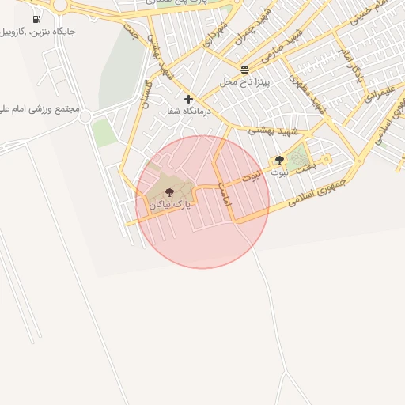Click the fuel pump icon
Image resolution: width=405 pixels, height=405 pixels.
click(x=37, y=19)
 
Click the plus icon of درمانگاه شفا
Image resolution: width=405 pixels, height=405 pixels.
click(x=188, y=99)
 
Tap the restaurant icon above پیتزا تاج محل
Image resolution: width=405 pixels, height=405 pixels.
click(x=244, y=70)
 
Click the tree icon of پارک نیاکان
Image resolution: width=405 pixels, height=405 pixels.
click(x=169, y=192)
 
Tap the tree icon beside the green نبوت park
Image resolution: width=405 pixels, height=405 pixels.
click(x=279, y=160)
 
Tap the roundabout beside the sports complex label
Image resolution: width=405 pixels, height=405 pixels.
click(x=85, y=117)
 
